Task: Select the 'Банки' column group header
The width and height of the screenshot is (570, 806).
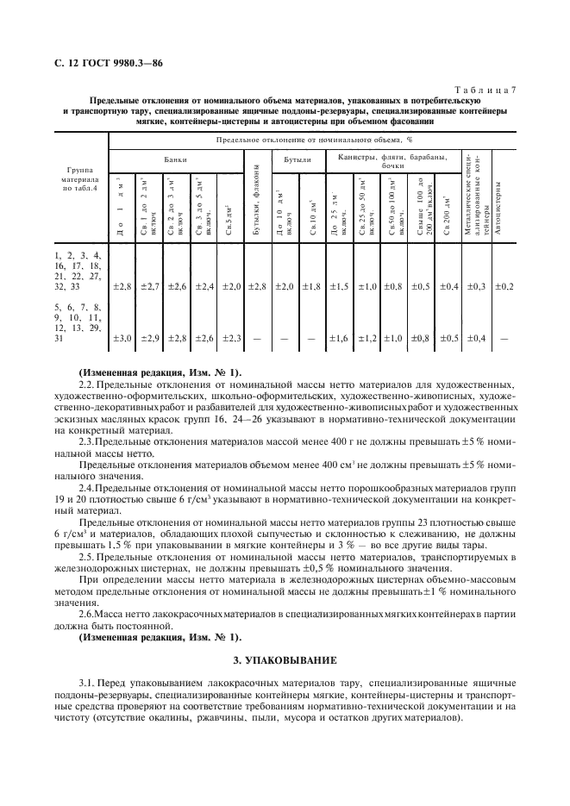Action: coord(176,159)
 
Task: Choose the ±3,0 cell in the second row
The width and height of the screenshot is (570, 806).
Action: coord(122,338)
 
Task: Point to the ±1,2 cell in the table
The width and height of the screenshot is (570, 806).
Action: coord(367,338)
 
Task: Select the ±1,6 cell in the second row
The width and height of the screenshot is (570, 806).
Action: coord(339,338)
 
